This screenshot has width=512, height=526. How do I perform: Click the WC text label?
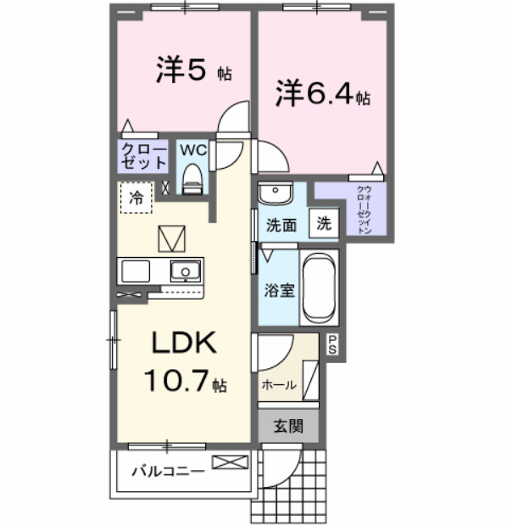[x=193, y=149]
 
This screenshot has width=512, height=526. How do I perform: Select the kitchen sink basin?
[x=184, y=271]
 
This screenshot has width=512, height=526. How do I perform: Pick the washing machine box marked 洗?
[x=324, y=225]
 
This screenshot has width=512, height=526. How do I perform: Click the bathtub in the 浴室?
[x=320, y=288]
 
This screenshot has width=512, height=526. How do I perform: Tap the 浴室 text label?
[x=279, y=290]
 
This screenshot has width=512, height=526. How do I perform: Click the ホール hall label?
[x=278, y=384]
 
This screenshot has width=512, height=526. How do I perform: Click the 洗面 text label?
[x=281, y=226]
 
